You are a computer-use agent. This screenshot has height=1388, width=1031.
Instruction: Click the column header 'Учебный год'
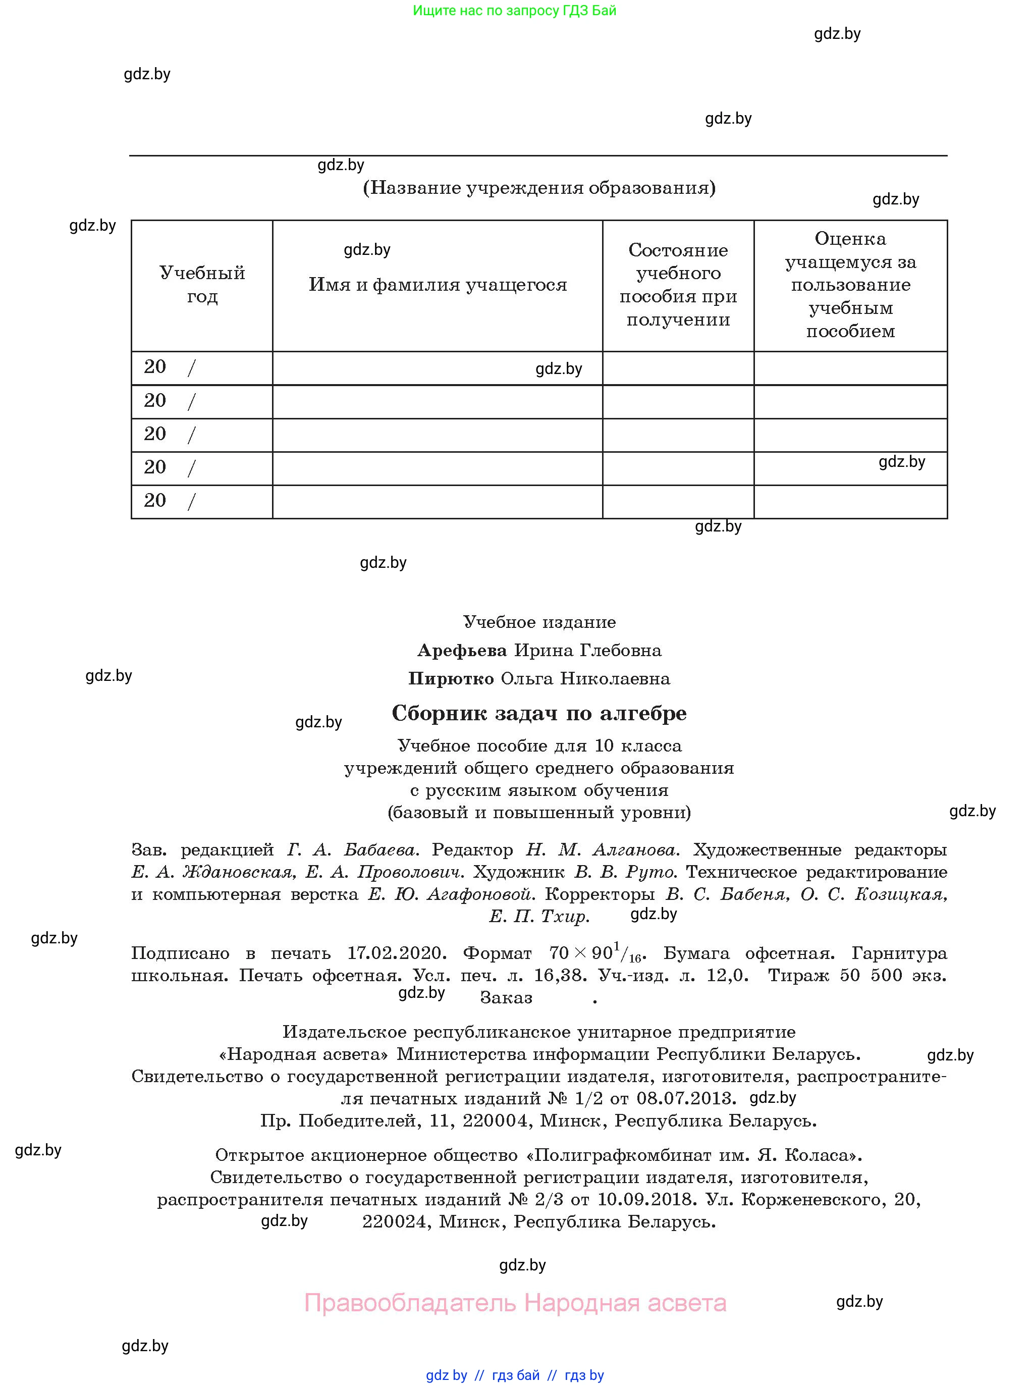tap(202, 285)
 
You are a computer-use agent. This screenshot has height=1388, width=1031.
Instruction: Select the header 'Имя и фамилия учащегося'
tap(438, 285)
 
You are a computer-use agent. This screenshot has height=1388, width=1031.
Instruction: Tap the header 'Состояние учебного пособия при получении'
tap(678, 285)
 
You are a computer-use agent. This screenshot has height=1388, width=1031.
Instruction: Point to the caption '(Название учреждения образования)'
tap(539, 188)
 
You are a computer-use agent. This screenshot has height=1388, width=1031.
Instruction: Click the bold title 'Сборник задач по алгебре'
tap(539, 713)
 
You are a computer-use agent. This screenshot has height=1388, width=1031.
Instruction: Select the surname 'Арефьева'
tap(462, 650)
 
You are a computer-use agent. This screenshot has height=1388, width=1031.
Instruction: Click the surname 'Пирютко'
tap(451, 678)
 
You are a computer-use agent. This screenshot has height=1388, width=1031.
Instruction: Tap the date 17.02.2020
tap(397, 953)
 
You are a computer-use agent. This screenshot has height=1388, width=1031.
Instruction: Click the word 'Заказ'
tap(506, 998)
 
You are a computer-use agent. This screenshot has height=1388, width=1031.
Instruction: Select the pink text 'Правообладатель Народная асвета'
tap(515, 1303)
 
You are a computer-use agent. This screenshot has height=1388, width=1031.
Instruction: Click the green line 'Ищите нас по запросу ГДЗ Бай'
tap(515, 11)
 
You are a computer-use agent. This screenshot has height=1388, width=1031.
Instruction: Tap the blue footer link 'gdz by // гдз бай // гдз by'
tap(515, 1375)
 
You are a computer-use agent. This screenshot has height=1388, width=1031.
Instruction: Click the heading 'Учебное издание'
tap(539, 622)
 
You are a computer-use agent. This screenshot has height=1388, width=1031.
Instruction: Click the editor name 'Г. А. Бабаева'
tap(353, 850)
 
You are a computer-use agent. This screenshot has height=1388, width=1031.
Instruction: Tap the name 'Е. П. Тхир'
tap(539, 916)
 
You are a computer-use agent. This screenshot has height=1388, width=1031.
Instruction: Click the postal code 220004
tap(496, 1121)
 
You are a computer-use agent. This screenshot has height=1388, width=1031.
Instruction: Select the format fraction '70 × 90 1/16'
tap(596, 953)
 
